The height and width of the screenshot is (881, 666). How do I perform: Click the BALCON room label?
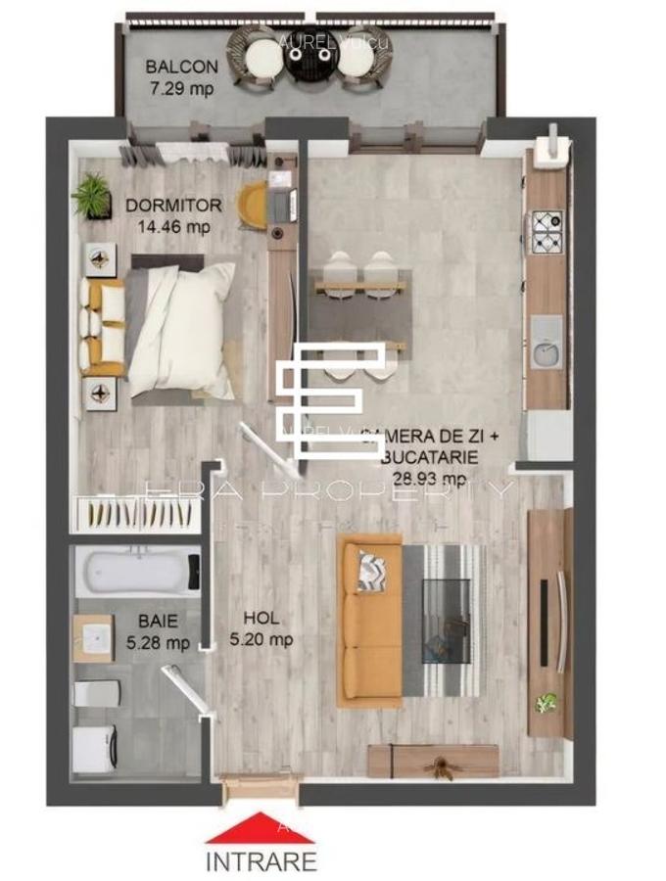pos(181,67)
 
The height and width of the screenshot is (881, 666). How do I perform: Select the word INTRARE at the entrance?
pos(261,861)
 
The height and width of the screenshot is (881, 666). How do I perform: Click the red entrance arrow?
pos(261,827)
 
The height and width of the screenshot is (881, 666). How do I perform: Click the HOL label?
pos(261,619)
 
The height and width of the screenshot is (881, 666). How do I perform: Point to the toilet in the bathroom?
pos(97,693)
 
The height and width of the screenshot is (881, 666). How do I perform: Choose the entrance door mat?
pos(259,787)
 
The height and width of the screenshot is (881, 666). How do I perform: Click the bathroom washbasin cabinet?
pos(94,638)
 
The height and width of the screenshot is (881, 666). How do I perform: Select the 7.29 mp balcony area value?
pos(180,88)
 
